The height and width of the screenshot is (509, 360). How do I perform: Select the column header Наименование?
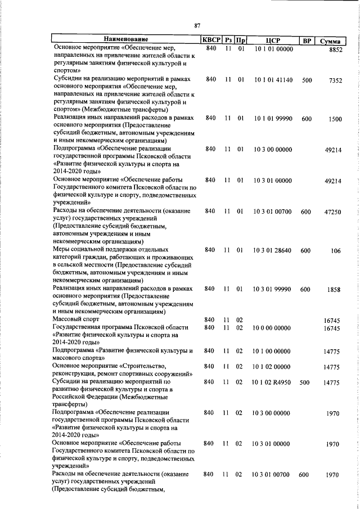click(125, 39)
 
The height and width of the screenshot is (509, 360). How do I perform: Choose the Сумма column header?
click(332, 40)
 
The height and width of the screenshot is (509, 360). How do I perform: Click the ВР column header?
click(307, 40)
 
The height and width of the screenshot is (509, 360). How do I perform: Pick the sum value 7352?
click(336, 81)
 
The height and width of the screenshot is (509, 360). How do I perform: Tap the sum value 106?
click(336, 251)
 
